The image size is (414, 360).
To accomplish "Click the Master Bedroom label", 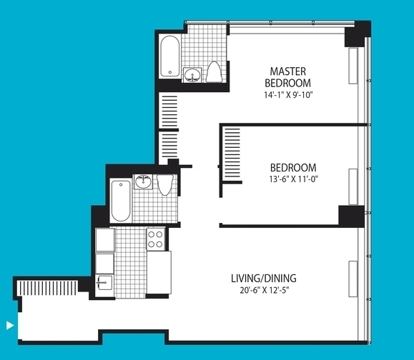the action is (287, 77).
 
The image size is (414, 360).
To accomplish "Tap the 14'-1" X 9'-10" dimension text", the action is (288, 95).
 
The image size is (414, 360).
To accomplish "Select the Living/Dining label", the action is (264, 279).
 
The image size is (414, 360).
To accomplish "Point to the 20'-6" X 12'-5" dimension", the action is (265, 291).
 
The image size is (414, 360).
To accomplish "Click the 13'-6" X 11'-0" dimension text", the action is (293, 179).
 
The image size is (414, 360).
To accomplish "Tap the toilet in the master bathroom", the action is (214, 72).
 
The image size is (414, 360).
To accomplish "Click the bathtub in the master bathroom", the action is (170, 56).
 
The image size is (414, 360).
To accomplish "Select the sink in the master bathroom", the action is (192, 75).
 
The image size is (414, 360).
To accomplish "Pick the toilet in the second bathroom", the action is (165, 184).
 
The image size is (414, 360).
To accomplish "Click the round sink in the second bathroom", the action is (144, 181).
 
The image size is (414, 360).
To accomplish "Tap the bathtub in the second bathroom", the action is (121, 201).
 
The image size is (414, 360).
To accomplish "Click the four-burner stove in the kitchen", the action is (156, 239).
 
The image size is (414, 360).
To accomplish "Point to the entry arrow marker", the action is (10, 325).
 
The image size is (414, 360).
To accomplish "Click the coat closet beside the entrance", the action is (47, 288).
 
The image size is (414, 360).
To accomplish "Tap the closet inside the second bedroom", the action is (232, 154).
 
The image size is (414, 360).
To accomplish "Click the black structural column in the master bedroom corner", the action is (358, 34).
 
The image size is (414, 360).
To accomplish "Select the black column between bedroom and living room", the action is (351, 216).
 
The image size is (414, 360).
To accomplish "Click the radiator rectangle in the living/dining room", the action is (353, 279).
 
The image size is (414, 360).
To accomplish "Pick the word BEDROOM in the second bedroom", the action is (293, 168).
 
